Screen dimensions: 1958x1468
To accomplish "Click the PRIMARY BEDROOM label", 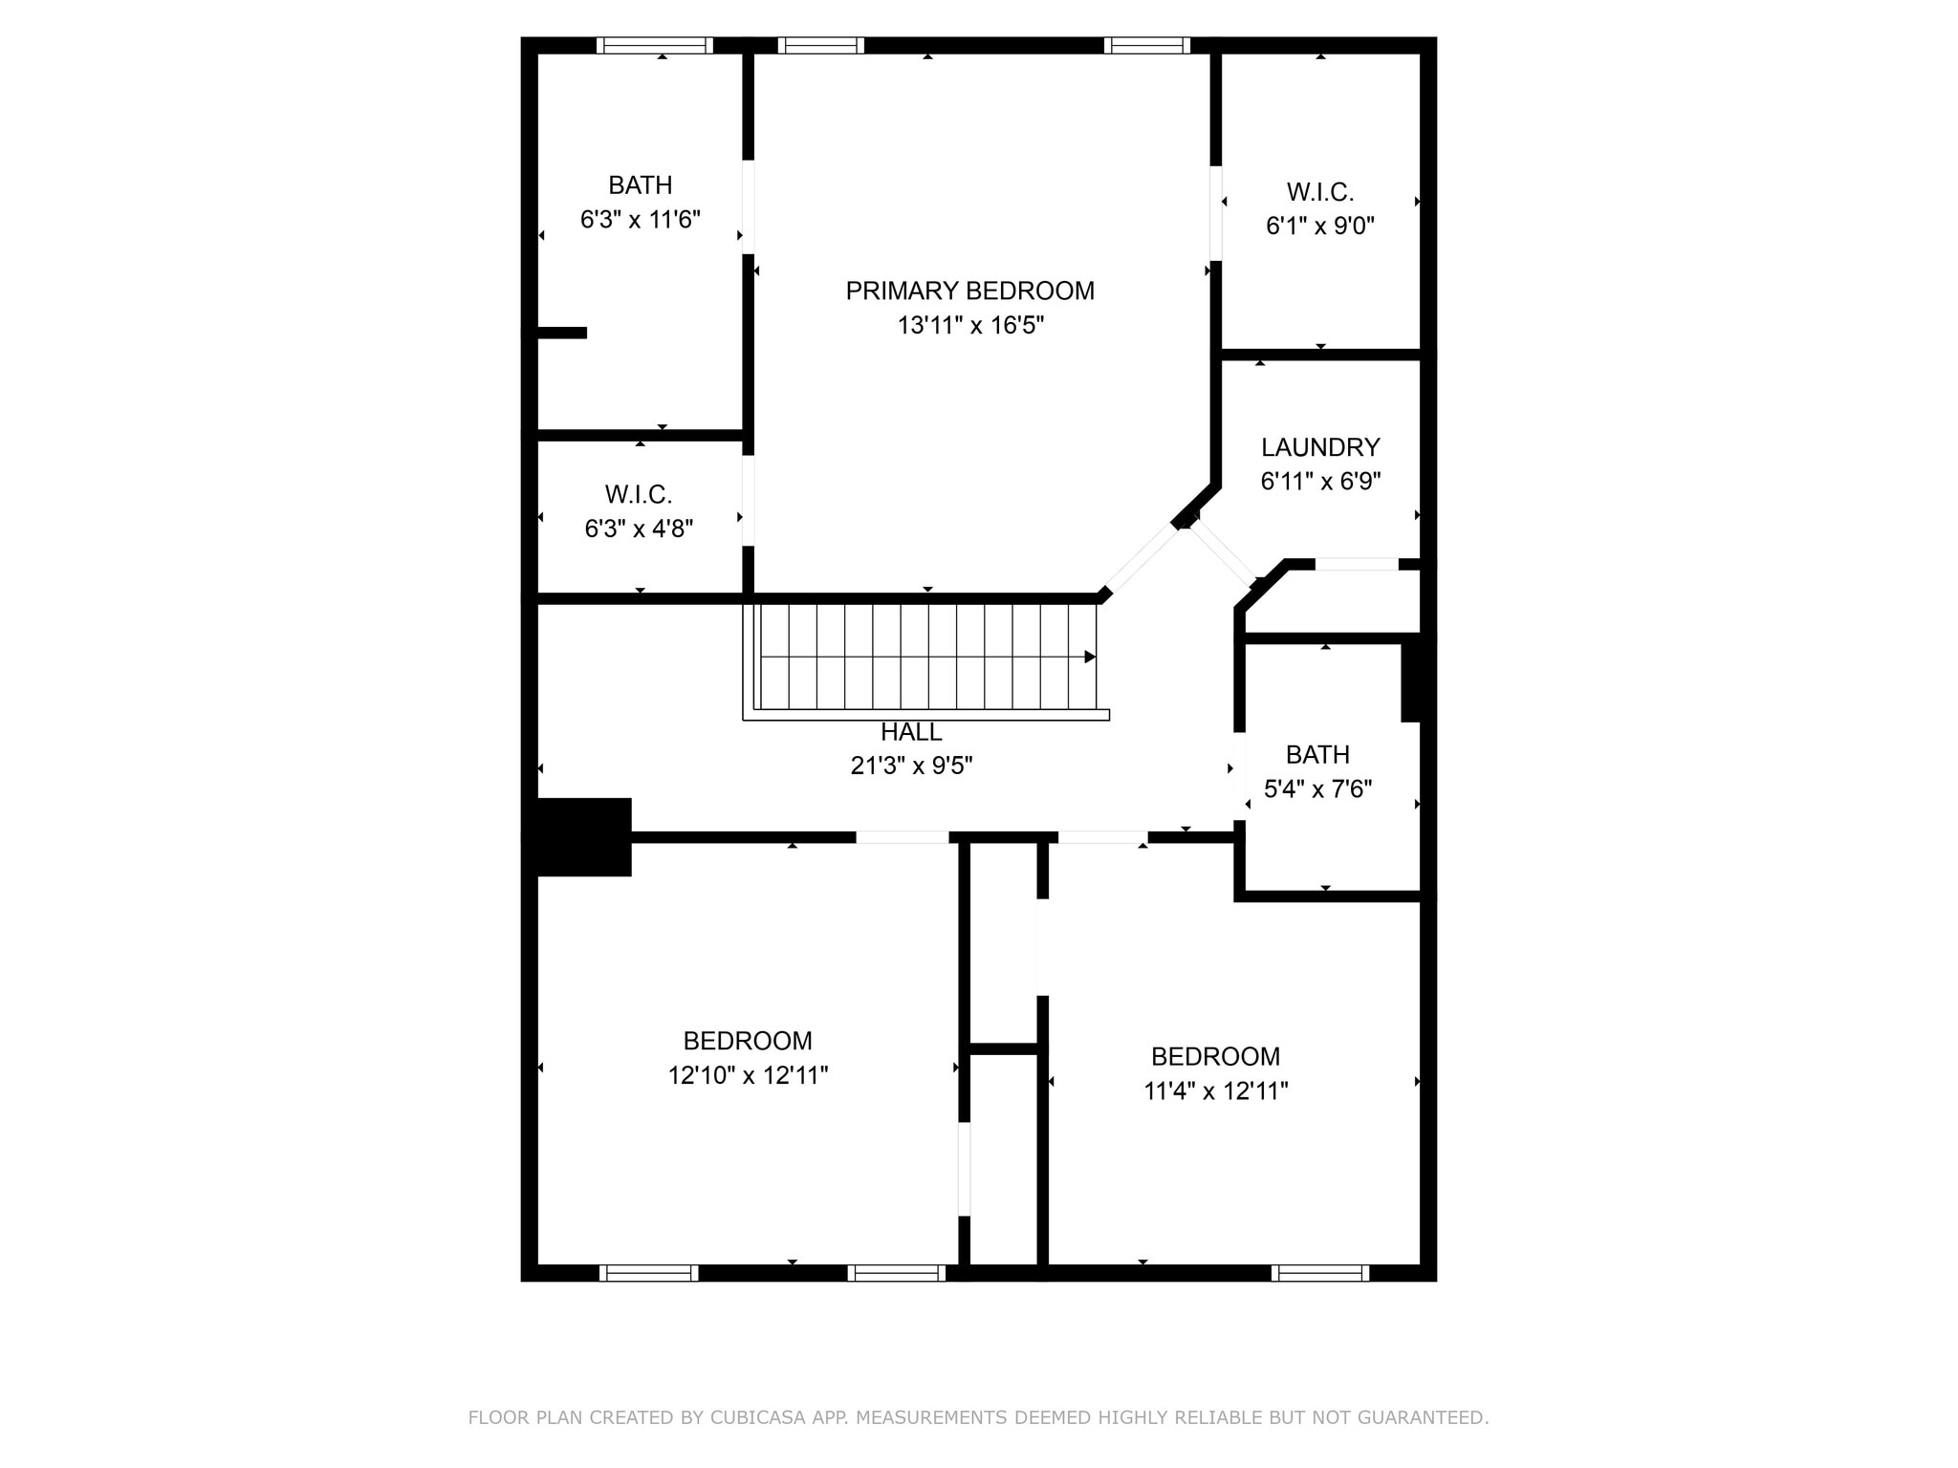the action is click(969, 291).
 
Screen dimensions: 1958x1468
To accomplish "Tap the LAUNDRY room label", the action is click(1320, 447).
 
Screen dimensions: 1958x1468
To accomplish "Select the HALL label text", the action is click(911, 732).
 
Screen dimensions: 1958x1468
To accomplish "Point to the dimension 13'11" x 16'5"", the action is click(969, 326).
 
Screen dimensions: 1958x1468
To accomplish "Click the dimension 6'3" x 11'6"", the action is click(641, 220).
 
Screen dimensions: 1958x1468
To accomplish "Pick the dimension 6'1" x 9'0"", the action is click(1320, 227).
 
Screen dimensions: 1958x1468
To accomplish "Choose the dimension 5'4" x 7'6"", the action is click(1318, 789).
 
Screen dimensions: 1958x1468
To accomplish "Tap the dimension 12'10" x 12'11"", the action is click(748, 1075).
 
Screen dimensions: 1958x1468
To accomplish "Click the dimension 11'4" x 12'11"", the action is click(1216, 1091).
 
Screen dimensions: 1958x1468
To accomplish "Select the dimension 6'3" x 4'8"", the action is click(639, 529).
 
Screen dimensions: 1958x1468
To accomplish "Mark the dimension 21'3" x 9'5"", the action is click(911, 766).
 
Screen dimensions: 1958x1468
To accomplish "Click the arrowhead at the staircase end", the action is click(1090, 657).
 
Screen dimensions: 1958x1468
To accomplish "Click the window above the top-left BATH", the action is click(655, 45).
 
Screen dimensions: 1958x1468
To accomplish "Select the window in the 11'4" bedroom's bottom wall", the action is click(1320, 1273).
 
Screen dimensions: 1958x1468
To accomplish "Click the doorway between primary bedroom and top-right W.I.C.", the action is click(1215, 213).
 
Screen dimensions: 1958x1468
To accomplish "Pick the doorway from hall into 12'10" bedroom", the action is click(902, 837).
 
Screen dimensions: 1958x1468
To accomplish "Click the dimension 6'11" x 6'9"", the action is click(1320, 482).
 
